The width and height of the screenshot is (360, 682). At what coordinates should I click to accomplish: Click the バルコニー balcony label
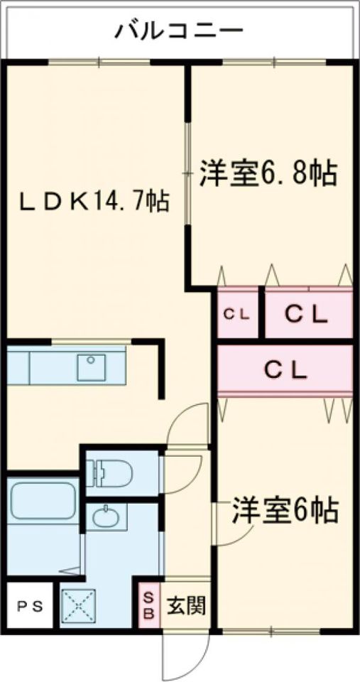click(x=180, y=31)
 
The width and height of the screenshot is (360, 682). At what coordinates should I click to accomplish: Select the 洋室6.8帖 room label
click(x=268, y=173)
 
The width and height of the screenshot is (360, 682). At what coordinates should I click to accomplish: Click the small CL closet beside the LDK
click(x=238, y=313)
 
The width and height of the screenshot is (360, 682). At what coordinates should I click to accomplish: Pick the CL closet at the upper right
click(x=308, y=313)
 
